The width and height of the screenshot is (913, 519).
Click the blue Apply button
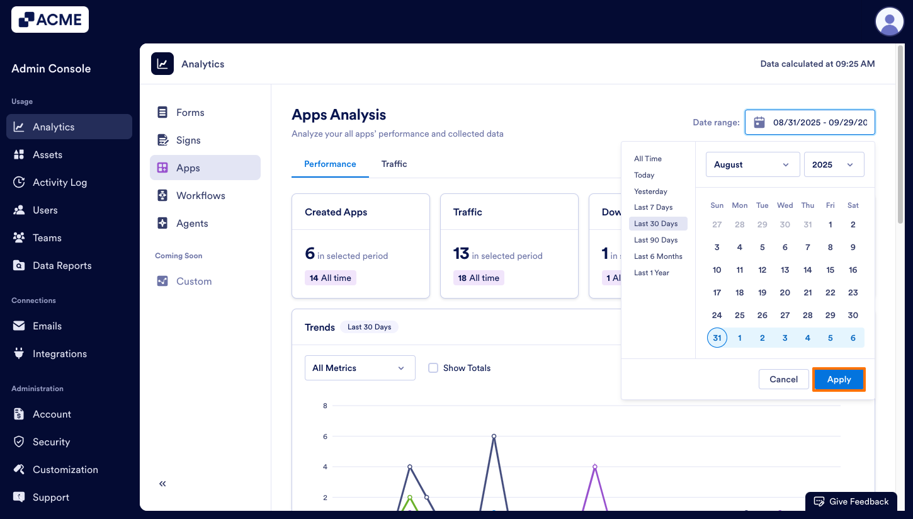839,379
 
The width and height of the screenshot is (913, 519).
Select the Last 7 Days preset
653,207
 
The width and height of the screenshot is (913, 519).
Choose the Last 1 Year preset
651,273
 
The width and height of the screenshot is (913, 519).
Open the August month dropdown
752,164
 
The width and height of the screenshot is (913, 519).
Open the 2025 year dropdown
834,164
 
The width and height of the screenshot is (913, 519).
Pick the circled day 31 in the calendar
717,338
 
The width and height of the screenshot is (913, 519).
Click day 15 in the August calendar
830,270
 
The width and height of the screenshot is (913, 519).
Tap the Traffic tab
394,164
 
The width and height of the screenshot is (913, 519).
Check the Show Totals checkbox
433,368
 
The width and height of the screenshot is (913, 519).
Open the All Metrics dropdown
360,368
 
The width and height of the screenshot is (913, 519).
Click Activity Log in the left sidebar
60,182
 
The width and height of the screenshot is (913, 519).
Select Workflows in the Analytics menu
200,195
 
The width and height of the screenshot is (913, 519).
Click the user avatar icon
889,21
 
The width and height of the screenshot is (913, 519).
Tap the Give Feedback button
851,501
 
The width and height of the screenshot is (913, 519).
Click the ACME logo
50,20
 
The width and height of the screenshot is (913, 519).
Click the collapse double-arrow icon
162,484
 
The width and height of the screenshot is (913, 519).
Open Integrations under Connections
60,353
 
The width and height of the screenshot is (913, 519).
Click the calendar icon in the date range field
759,122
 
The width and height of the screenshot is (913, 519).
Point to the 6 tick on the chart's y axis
325,436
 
